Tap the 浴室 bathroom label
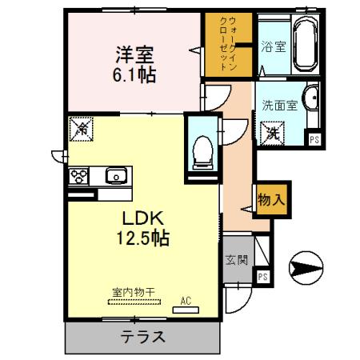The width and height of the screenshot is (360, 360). (273, 46)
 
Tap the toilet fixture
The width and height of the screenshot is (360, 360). (202, 150)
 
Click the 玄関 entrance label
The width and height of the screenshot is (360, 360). (236, 260)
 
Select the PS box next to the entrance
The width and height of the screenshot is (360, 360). (262, 276)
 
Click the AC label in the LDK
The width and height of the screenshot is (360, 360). (185, 301)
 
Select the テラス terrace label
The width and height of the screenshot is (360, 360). (144, 337)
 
